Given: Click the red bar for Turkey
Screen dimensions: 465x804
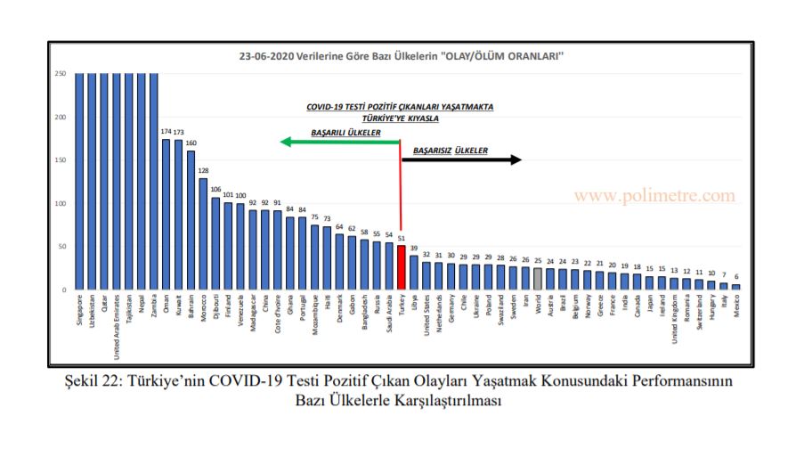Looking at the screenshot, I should (x=401, y=267).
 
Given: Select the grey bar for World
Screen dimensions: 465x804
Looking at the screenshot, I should (x=538, y=278).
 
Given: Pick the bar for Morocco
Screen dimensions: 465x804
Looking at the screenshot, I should (x=203, y=234).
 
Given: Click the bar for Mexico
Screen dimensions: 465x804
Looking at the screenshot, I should (x=735, y=287).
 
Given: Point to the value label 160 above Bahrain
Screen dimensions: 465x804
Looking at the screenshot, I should (x=191, y=143).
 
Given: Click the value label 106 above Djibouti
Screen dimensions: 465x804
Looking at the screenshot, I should (x=215, y=189).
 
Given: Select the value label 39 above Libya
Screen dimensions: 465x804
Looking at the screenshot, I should (x=414, y=249).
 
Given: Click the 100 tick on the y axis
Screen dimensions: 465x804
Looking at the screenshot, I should (x=61, y=203).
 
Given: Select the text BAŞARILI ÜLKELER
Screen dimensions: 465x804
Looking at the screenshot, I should (x=345, y=132).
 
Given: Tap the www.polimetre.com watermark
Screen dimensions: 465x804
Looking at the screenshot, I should (x=654, y=195).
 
